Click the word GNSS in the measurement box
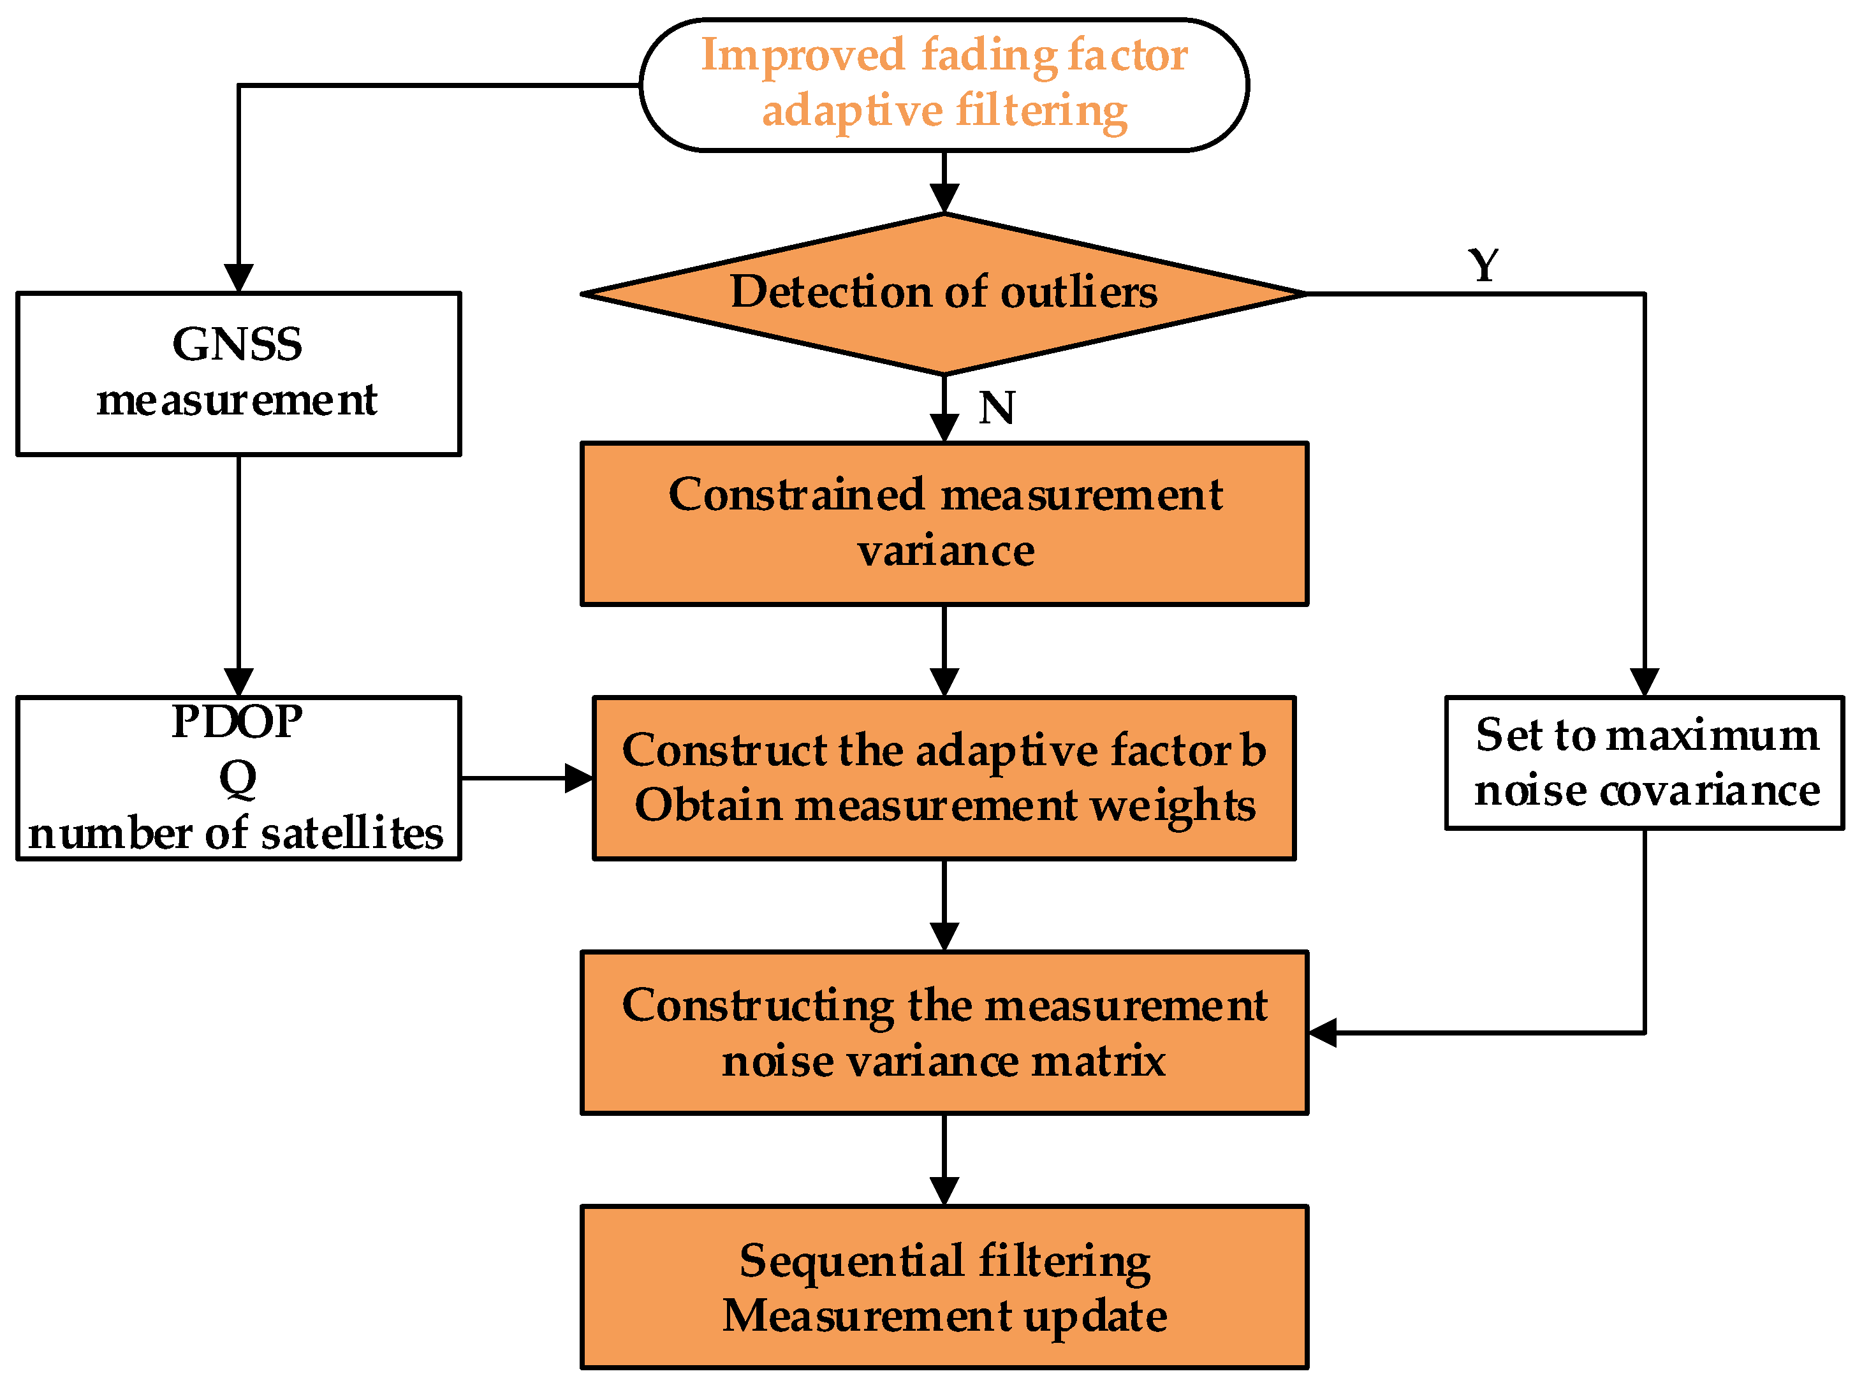[237, 344]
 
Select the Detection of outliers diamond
[943, 293]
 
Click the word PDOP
[237, 721]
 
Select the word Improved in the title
[802, 55]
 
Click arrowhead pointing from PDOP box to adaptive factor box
[578, 778]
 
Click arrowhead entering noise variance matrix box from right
[1322, 1033]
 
